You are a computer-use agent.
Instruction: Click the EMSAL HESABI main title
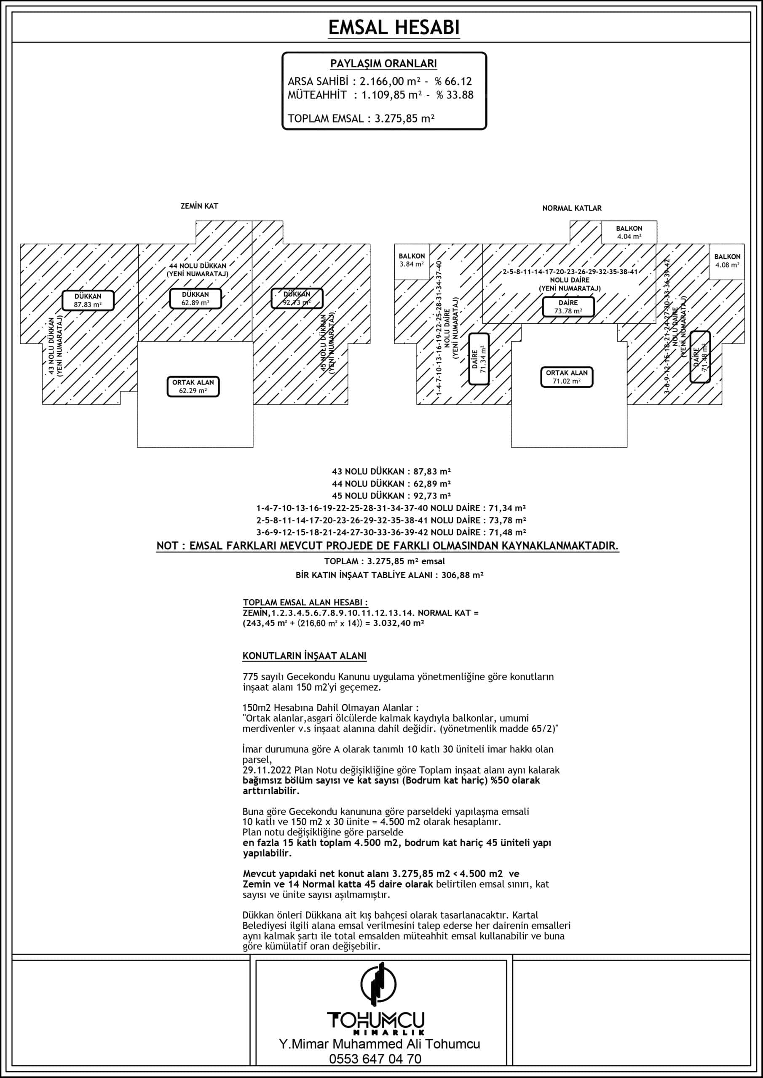[394, 28]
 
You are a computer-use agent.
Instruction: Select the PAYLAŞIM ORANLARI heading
[383, 64]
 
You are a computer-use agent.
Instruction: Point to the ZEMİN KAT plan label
[199, 206]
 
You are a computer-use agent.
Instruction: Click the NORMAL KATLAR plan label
[572, 208]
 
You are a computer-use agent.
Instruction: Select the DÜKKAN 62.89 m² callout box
[195, 299]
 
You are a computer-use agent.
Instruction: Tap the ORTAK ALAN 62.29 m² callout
[193, 387]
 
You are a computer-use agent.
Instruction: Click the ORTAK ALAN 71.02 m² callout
[567, 377]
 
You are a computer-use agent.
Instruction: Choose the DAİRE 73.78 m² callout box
[568, 307]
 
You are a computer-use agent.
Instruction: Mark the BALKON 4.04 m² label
[629, 232]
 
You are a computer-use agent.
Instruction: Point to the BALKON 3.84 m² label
[412, 260]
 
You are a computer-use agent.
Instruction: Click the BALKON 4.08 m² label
[727, 261]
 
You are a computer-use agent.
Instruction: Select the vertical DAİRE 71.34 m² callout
[479, 359]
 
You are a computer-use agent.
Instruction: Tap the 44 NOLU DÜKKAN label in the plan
[198, 269]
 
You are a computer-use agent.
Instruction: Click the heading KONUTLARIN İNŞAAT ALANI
[305, 656]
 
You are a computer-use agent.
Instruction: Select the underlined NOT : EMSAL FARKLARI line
[388, 546]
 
